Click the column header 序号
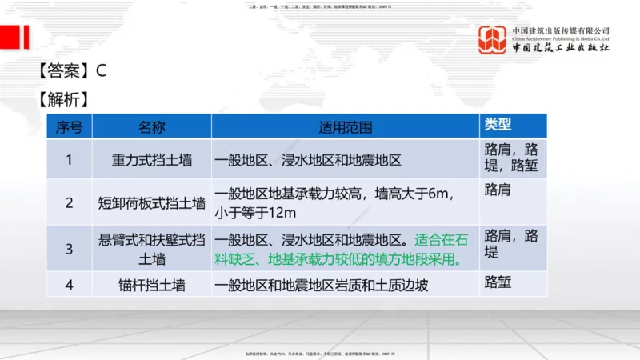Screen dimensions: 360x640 pyautogui.click(x=69, y=126)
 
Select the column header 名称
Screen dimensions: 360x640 pyautogui.click(x=152, y=126)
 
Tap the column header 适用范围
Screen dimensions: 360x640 pyautogui.click(x=345, y=126)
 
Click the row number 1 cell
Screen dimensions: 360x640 pyautogui.click(x=69, y=159)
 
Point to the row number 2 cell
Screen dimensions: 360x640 pyautogui.click(x=69, y=202)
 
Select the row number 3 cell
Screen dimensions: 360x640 pyautogui.click(x=69, y=249)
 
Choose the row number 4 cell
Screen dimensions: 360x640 pyautogui.click(x=69, y=284)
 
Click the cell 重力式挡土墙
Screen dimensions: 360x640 pyautogui.click(x=152, y=160)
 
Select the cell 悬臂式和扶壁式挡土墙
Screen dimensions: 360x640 pyautogui.click(x=152, y=249)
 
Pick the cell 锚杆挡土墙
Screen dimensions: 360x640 pyautogui.click(x=152, y=284)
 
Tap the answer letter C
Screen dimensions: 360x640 pyautogui.click(x=101, y=70)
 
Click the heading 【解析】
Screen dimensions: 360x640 pyautogui.click(x=62, y=100)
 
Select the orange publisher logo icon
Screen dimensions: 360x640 pyautogui.click(x=493, y=40)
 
